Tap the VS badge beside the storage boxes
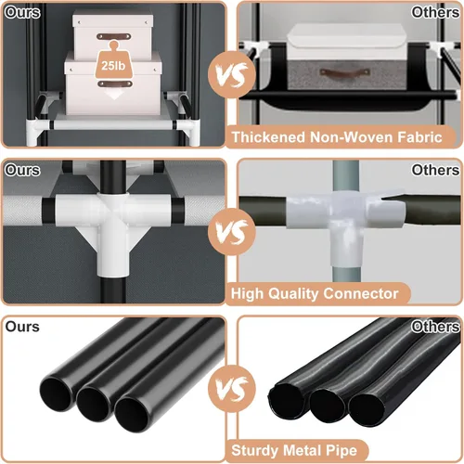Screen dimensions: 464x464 (232, 75)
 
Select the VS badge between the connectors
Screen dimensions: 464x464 (232, 232)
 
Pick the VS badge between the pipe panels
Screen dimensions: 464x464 (232, 389)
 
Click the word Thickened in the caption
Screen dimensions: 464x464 (268, 137)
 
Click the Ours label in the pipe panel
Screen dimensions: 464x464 (22, 327)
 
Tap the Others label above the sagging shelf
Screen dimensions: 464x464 (435, 12)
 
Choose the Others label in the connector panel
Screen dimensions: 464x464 (435, 170)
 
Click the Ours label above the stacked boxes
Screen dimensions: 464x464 (22, 12)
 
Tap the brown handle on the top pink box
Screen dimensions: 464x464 (114, 36)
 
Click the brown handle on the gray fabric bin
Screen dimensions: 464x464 (345, 73)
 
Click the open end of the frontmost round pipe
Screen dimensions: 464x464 (131, 415)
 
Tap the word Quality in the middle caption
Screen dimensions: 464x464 (294, 294)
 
